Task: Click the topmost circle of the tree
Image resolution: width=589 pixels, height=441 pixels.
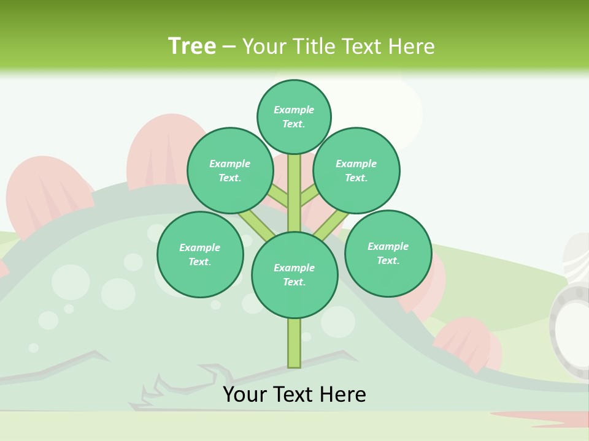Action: click(x=294, y=116)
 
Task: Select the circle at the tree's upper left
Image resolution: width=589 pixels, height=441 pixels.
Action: click(x=230, y=170)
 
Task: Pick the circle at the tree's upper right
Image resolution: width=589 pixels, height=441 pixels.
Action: click(x=356, y=170)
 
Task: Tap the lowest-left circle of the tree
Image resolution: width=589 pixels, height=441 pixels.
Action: click(x=200, y=254)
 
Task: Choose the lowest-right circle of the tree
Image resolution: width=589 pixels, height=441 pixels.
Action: click(x=388, y=253)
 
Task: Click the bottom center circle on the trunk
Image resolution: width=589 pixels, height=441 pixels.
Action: click(x=294, y=274)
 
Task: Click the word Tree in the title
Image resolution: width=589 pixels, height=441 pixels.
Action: click(x=192, y=46)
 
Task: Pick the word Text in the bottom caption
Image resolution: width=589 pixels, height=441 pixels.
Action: click(x=296, y=394)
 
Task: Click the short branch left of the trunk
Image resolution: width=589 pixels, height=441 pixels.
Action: click(x=277, y=195)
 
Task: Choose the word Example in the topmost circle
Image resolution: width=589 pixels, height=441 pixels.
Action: click(x=294, y=110)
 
